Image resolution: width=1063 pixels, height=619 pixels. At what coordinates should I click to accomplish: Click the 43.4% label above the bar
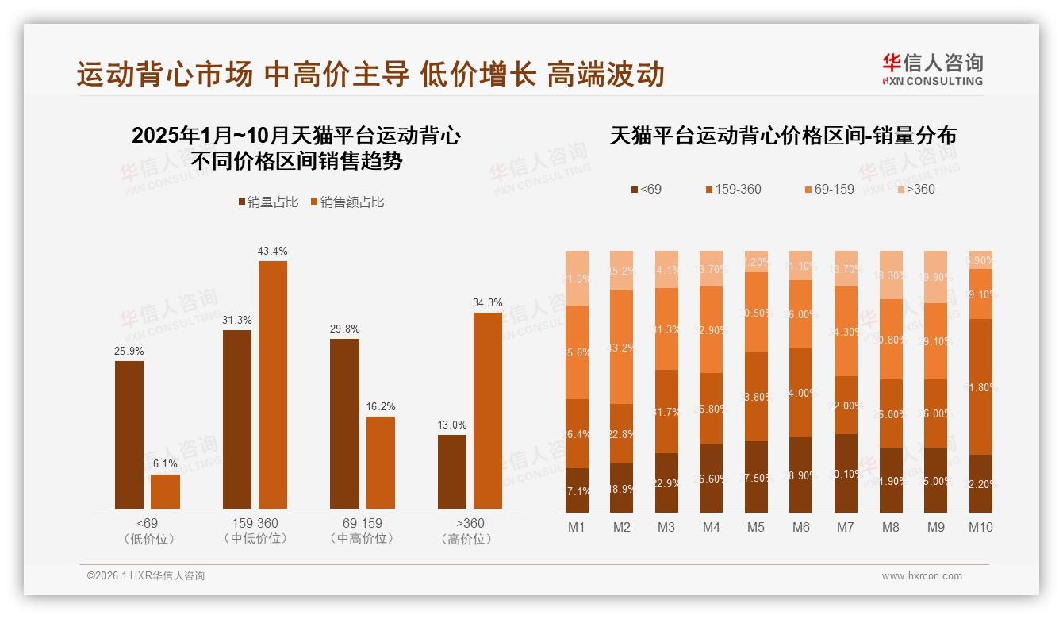272,251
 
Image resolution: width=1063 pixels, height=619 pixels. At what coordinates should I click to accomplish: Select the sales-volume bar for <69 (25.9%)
129,434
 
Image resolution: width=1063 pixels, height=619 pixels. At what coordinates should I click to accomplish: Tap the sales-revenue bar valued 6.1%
165,491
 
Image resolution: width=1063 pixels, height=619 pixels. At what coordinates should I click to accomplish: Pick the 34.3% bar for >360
488,410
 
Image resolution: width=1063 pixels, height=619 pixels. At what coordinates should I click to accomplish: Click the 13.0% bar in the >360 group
452,471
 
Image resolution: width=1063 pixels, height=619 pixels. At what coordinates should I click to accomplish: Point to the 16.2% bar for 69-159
380,462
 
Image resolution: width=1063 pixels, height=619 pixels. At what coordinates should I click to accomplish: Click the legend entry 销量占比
268,202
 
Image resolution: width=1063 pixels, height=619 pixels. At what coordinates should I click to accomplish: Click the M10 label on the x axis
980,527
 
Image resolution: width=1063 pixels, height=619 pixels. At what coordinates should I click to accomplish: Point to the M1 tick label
577,527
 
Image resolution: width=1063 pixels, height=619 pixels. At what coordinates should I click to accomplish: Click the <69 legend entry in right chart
646,189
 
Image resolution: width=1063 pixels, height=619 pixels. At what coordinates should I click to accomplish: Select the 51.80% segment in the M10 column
980,386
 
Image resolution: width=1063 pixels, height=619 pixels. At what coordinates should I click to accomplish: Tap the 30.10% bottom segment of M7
846,473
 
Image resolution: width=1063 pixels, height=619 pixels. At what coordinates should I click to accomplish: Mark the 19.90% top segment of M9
936,276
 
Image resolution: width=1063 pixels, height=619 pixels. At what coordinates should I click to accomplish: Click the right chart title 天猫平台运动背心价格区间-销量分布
783,136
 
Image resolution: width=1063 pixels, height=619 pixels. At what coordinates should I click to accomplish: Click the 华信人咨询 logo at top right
932,69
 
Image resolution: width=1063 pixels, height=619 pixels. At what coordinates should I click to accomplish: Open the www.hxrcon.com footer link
922,576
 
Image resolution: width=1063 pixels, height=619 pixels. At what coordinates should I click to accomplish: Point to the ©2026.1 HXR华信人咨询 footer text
146,576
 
